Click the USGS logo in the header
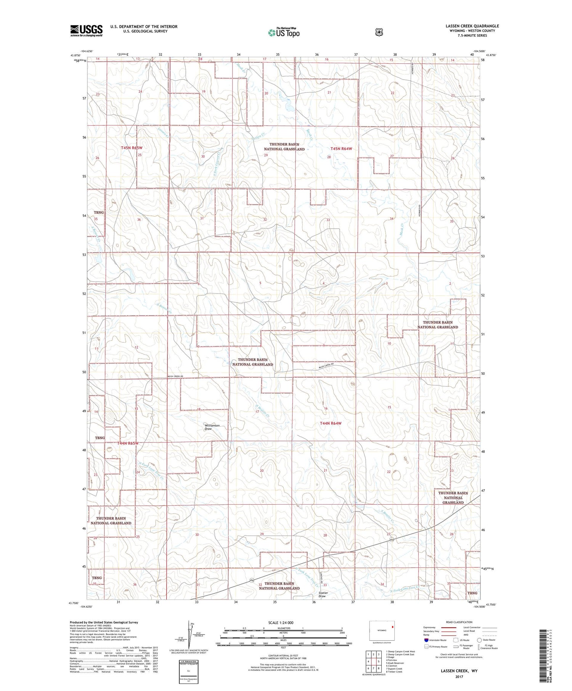[87, 30]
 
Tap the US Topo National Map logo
[284, 32]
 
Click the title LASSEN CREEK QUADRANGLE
[472, 26]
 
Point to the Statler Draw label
[323, 595]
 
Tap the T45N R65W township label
[132, 147]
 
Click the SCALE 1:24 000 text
[281, 622]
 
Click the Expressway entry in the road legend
[431, 627]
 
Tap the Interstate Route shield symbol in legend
[426, 640]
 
